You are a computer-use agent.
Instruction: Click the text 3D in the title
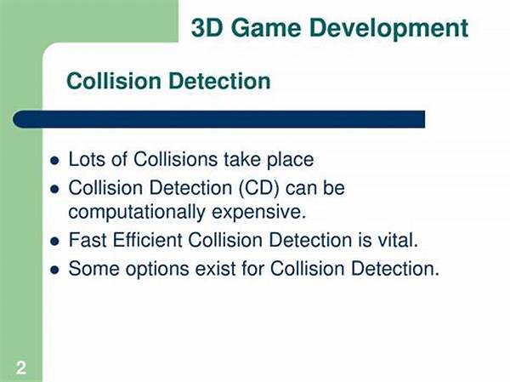207,28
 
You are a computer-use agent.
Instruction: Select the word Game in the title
266,28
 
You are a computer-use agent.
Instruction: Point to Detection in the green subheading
220,81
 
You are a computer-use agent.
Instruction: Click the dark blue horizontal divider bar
219,119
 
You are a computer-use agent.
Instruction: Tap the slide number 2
21,368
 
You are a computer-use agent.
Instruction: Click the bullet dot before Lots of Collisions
55,161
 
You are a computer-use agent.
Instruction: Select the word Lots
87,160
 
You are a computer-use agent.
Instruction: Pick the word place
290,161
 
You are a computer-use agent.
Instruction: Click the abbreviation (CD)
259,189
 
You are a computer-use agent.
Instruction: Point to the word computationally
137,213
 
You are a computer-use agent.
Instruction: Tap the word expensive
259,214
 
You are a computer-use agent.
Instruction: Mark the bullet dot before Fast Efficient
55,242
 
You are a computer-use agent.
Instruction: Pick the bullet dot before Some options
55,270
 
